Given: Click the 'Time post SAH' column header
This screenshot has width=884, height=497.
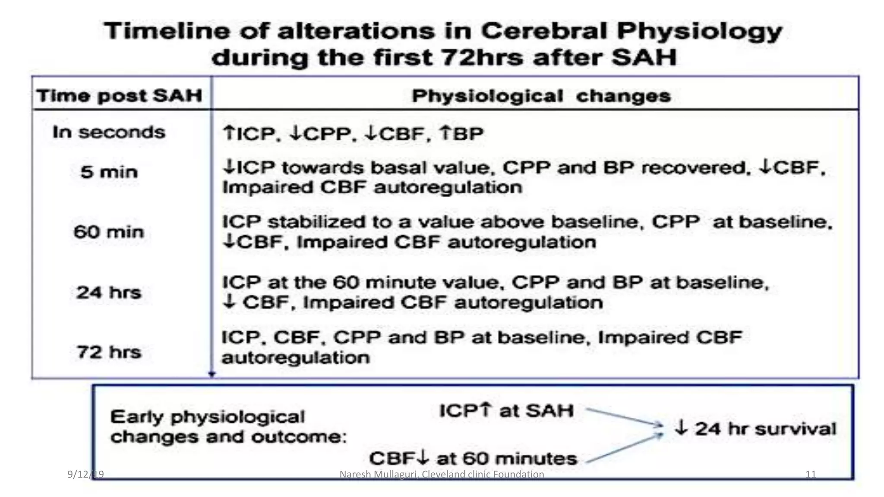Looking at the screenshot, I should point(119,95).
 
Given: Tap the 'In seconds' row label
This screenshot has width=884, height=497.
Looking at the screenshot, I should point(109,132).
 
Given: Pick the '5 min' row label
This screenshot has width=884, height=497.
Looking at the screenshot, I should point(109,172).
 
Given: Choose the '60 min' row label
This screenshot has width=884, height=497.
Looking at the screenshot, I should point(109,232).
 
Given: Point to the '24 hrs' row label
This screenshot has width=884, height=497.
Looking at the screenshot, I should point(109,293).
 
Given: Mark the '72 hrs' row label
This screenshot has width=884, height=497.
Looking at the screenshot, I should point(109,352).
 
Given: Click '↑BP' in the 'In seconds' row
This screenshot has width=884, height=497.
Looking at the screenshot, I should point(461,133).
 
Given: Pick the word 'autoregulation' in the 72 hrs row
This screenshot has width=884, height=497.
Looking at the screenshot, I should point(296,358).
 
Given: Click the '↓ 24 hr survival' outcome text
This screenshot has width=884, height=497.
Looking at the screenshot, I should point(755,428).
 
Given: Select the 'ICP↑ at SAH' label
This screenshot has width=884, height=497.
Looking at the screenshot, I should point(506,410).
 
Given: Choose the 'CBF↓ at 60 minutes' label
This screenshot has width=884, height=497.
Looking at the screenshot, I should point(473,458).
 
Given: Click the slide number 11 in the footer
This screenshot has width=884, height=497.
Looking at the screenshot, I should point(811,474).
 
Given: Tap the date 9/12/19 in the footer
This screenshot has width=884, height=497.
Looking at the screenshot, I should point(85,474).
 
